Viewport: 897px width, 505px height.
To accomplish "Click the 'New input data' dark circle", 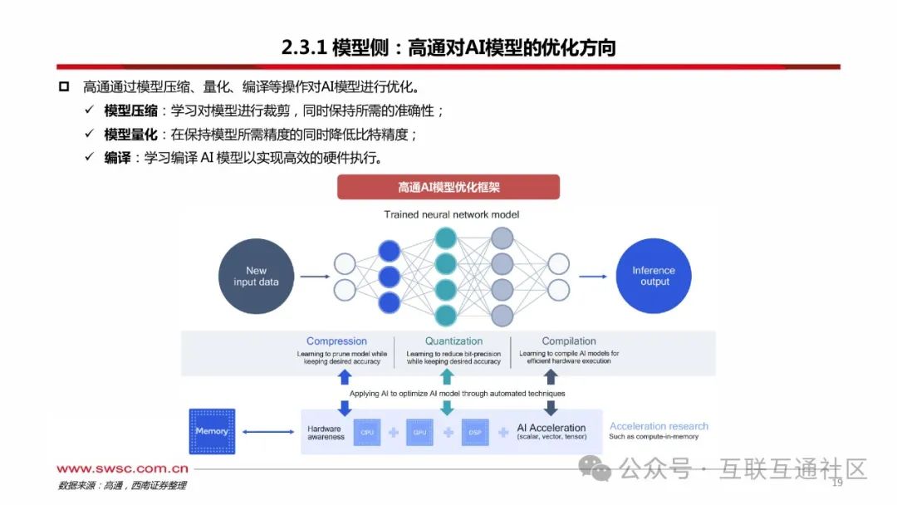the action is [x=256, y=276].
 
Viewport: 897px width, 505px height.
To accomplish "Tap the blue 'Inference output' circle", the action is [x=654, y=276].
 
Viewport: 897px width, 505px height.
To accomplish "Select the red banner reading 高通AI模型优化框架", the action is [x=448, y=187].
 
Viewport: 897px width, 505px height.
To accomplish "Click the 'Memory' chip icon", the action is [x=212, y=431].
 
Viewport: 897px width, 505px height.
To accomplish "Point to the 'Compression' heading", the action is [x=336, y=341].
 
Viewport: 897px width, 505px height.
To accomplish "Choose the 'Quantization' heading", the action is [x=453, y=341].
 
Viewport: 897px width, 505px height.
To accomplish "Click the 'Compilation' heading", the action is [x=569, y=341].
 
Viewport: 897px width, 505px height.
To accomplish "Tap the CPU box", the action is [x=365, y=433].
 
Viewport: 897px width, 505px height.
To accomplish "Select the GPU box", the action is [x=419, y=433].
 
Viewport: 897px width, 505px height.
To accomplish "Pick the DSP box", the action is [x=473, y=433].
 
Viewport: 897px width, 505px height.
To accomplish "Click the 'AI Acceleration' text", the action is [x=551, y=429].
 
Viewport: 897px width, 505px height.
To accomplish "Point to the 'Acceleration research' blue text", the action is [x=659, y=426].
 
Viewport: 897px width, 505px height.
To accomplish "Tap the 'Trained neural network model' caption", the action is [x=451, y=214].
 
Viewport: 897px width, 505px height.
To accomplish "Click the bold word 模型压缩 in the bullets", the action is [x=130, y=110].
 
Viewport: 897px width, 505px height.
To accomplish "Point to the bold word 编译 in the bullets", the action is [x=117, y=158].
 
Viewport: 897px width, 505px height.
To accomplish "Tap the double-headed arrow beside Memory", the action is [x=267, y=432].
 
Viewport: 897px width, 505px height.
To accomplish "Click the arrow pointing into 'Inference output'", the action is [x=592, y=276].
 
